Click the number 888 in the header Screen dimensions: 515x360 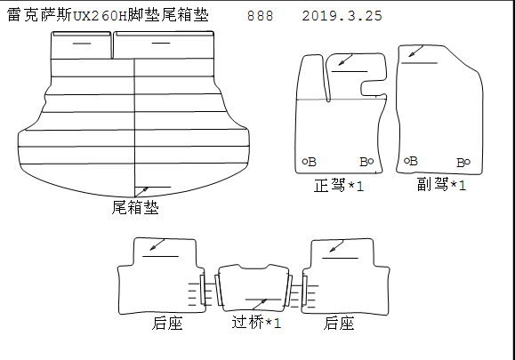point(260,16)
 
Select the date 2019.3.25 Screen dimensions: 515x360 point(342,16)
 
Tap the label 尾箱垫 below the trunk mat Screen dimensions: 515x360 point(135,207)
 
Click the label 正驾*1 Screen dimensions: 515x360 point(339,186)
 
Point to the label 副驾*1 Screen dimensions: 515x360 point(441,184)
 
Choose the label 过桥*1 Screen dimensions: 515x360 point(256,323)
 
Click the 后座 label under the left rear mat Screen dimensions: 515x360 point(167,324)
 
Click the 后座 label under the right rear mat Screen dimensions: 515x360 point(339,324)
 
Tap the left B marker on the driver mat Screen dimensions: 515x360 point(309,162)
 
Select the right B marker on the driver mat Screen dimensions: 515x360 point(366,162)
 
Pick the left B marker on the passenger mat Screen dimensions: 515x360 point(411,161)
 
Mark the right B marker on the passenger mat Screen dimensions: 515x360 point(463,163)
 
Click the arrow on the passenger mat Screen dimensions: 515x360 point(415,52)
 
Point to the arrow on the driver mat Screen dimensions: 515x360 point(345,60)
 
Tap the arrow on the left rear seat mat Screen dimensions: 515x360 point(157,244)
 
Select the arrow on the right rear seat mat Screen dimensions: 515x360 point(336,246)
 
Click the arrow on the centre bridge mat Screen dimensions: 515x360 point(260,305)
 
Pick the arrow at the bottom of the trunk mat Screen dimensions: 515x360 point(142,192)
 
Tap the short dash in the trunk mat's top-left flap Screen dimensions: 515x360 point(82,44)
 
